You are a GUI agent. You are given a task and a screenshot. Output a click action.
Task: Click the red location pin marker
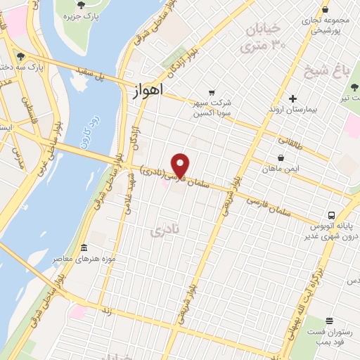coord(181,165)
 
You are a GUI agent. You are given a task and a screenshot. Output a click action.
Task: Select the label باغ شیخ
coord(321,70)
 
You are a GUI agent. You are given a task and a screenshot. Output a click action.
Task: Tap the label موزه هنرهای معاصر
coord(67,259)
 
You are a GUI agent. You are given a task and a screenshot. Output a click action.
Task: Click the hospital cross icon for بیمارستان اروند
coord(292,99)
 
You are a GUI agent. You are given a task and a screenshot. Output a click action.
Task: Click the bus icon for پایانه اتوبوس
coord(330,215)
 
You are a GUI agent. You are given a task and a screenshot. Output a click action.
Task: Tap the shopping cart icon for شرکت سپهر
coord(211,93)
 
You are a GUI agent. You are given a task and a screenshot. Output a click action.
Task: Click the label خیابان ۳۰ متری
coord(260,38)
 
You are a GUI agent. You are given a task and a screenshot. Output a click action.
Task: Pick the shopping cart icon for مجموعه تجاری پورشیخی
coord(325,10)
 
